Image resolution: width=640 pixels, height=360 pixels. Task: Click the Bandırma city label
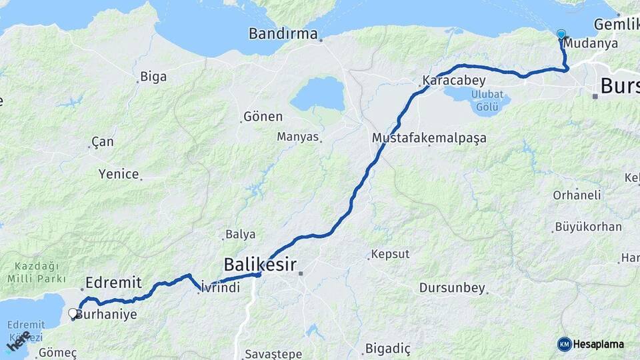coord(283,33)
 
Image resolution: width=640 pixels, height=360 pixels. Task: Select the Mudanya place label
coord(591,43)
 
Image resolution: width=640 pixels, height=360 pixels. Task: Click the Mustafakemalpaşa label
coord(429,138)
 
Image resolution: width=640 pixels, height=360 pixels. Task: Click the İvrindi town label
coord(219,288)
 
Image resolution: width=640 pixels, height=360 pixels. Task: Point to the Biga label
coord(153,77)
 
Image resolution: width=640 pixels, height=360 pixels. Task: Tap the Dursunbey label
coord(452,288)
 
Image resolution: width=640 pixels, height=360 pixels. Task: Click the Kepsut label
coord(390,254)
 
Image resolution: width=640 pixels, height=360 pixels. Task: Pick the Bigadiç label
coord(388,349)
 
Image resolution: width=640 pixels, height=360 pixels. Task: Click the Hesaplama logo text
coord(598,344)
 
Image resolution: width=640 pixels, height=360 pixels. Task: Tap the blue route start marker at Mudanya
coord(561,35)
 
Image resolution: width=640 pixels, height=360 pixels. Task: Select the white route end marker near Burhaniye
coord(73,312)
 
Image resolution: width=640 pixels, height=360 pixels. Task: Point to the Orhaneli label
coord(577,195)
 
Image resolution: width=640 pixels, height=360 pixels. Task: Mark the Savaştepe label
coord(273,354)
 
